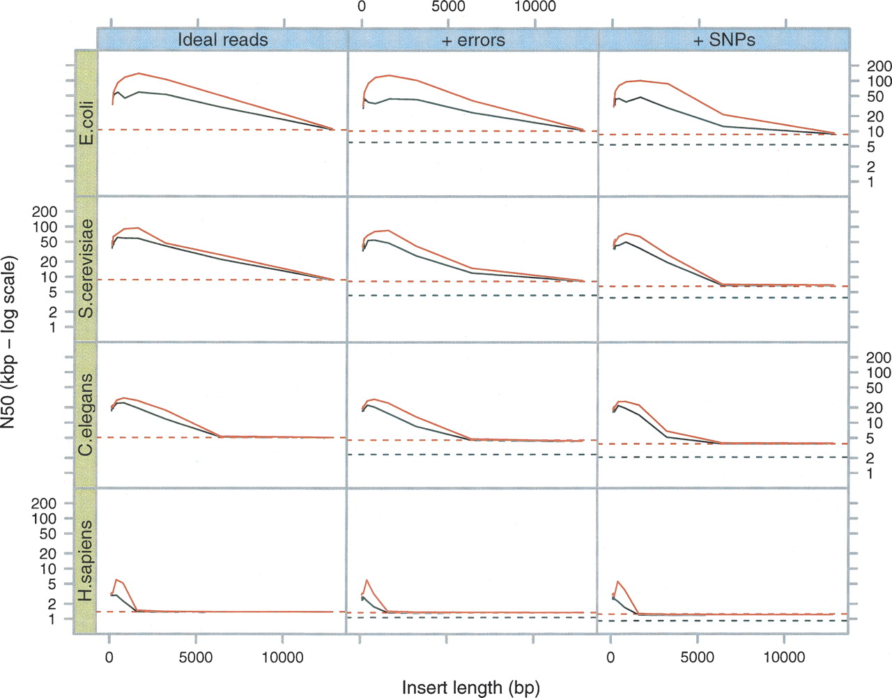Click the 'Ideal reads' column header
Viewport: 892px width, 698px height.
222,40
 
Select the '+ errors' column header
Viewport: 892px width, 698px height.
473,40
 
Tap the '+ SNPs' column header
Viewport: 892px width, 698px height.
724,40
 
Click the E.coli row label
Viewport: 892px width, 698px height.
86,123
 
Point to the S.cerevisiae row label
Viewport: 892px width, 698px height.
86,268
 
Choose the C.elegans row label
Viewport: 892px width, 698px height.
86,415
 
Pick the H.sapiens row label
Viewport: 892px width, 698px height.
86,561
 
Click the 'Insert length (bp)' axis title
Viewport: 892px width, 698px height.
471,688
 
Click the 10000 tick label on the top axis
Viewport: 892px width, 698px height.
535,7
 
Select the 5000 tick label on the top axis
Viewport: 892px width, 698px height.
448,7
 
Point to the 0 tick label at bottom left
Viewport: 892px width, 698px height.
109,658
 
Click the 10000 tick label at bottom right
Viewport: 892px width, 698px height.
784,658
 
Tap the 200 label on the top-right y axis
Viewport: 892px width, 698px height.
879,66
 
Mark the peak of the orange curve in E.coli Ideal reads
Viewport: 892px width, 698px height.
139,73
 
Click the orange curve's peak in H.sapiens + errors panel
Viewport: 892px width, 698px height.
367,580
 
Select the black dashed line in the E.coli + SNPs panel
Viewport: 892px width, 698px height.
725,145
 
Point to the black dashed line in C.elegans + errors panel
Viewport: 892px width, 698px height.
474,455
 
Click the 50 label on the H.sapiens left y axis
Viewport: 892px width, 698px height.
47,534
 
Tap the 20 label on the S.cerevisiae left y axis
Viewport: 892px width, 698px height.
47,261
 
